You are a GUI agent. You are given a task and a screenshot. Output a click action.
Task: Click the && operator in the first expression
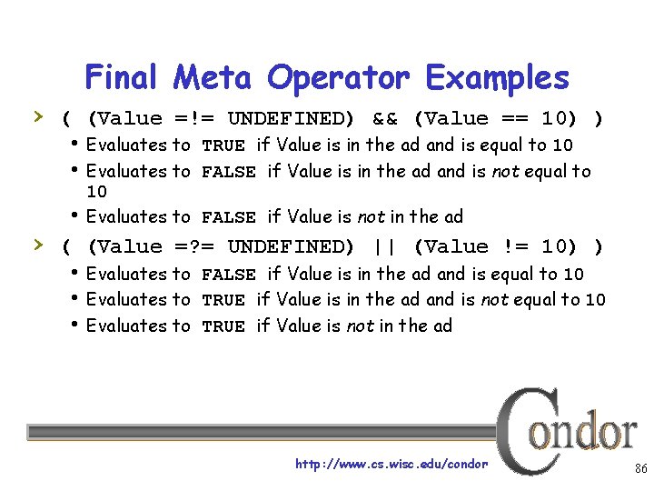click(x=384, y=119)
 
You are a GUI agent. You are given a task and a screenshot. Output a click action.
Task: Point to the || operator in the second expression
click(x=384, y=247)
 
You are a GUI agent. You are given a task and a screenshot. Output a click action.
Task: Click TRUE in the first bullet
click(x=223, y=145)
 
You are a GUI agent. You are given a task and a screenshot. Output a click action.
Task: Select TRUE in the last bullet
click(x=223, y=326)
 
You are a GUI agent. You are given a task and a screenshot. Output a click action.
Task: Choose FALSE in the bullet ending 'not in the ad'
click(x=228, y=217)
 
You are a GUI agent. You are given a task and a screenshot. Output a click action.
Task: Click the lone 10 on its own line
click(x=96, y=192)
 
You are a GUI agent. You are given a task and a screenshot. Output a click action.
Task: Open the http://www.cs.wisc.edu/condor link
click(x=391, y=464)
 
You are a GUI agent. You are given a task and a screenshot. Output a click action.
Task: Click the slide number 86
click(x=640, y=469)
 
